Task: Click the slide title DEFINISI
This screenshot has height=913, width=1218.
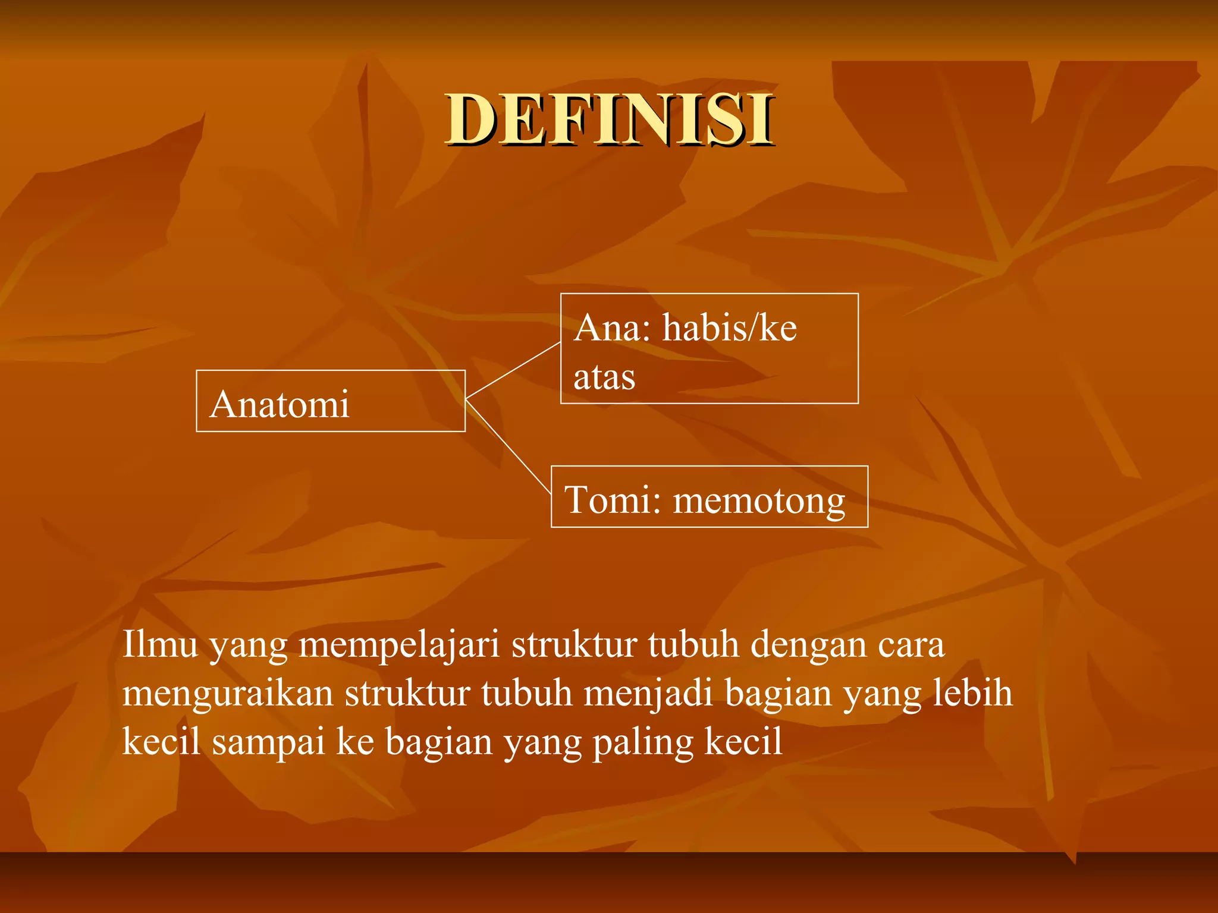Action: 610,120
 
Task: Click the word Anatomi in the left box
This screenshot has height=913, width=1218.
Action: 280,404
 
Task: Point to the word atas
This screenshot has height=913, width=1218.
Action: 604,377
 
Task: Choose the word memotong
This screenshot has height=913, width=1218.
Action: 759,500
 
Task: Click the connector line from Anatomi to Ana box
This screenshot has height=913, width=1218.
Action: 513,370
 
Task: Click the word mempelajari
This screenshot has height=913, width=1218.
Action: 398,645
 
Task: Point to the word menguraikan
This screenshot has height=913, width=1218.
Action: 228,694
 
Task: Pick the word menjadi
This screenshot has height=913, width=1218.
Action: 648,694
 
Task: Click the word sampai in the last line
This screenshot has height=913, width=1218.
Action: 269,743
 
